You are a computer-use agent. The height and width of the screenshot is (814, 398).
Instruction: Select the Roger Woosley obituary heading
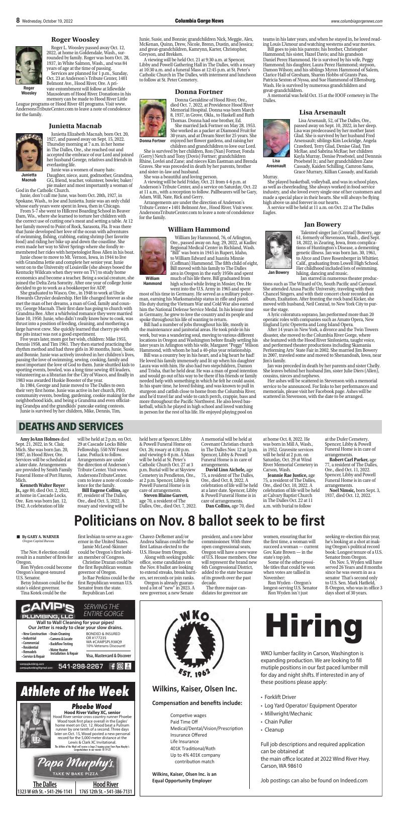pyautogui.click(x=75, y=39)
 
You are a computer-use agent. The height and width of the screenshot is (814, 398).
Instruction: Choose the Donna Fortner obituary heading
pyautogui.click(x=198, y=91)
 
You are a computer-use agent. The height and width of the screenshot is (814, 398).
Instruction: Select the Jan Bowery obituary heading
pyautogui.click(x=322, y=224)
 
